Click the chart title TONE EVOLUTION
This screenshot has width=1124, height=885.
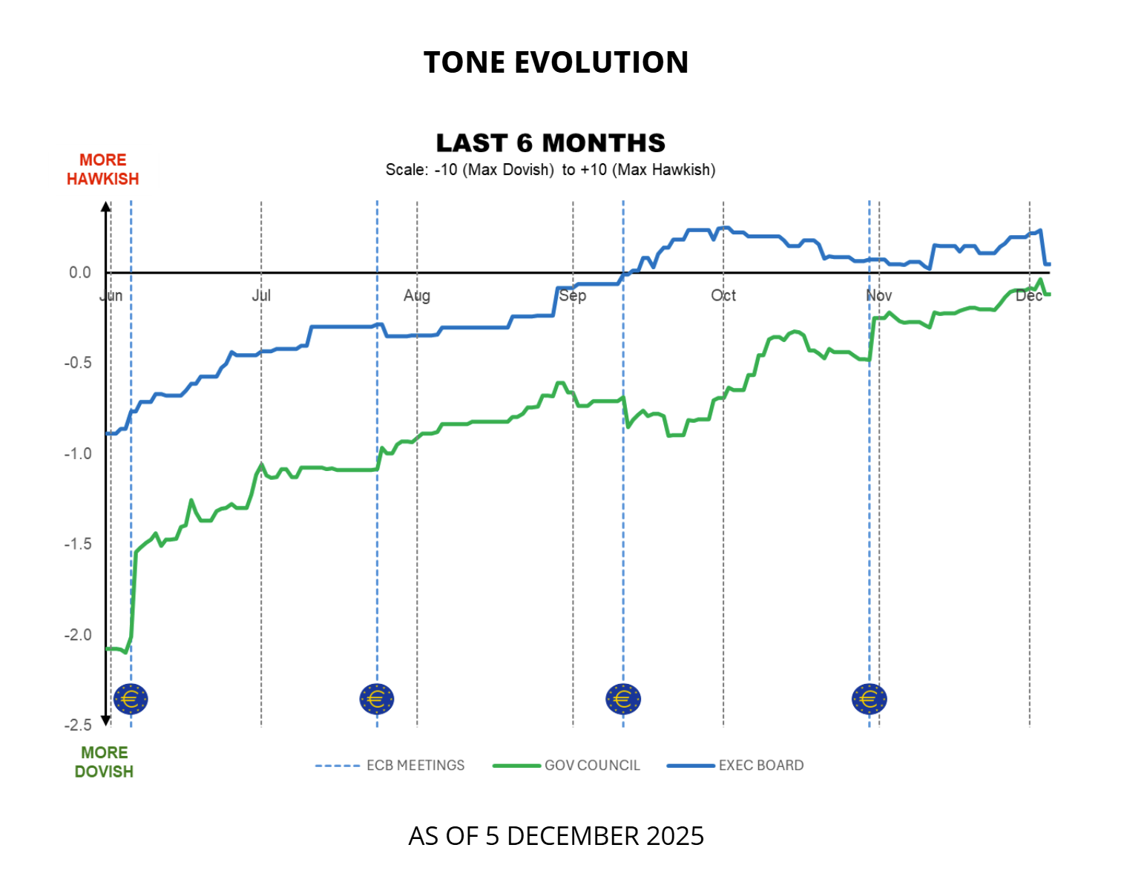[556, 62]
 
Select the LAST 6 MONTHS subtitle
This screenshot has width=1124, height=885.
[551, 142]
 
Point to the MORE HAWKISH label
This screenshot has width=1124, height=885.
[102, 170]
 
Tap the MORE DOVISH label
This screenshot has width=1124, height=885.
[104, 762]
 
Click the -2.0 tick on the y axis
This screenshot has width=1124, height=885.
[78, 635]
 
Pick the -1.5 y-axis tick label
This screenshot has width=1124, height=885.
[78, 544]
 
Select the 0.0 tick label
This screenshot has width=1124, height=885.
[80, 273]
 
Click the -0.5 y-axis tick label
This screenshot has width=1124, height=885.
[78, 363]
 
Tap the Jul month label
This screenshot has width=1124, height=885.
[261, 295]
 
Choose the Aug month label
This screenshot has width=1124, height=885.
[417, 295]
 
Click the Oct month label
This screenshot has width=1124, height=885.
[723, 295]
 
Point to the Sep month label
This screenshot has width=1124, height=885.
[573, 295]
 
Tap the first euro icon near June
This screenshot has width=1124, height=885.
[131, 699]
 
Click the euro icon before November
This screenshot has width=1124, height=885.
[869, 699]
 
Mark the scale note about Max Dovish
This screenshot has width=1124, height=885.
[551, 170]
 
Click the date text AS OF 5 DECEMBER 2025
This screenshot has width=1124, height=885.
[556, 836]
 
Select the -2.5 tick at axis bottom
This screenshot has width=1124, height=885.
[78, 725]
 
